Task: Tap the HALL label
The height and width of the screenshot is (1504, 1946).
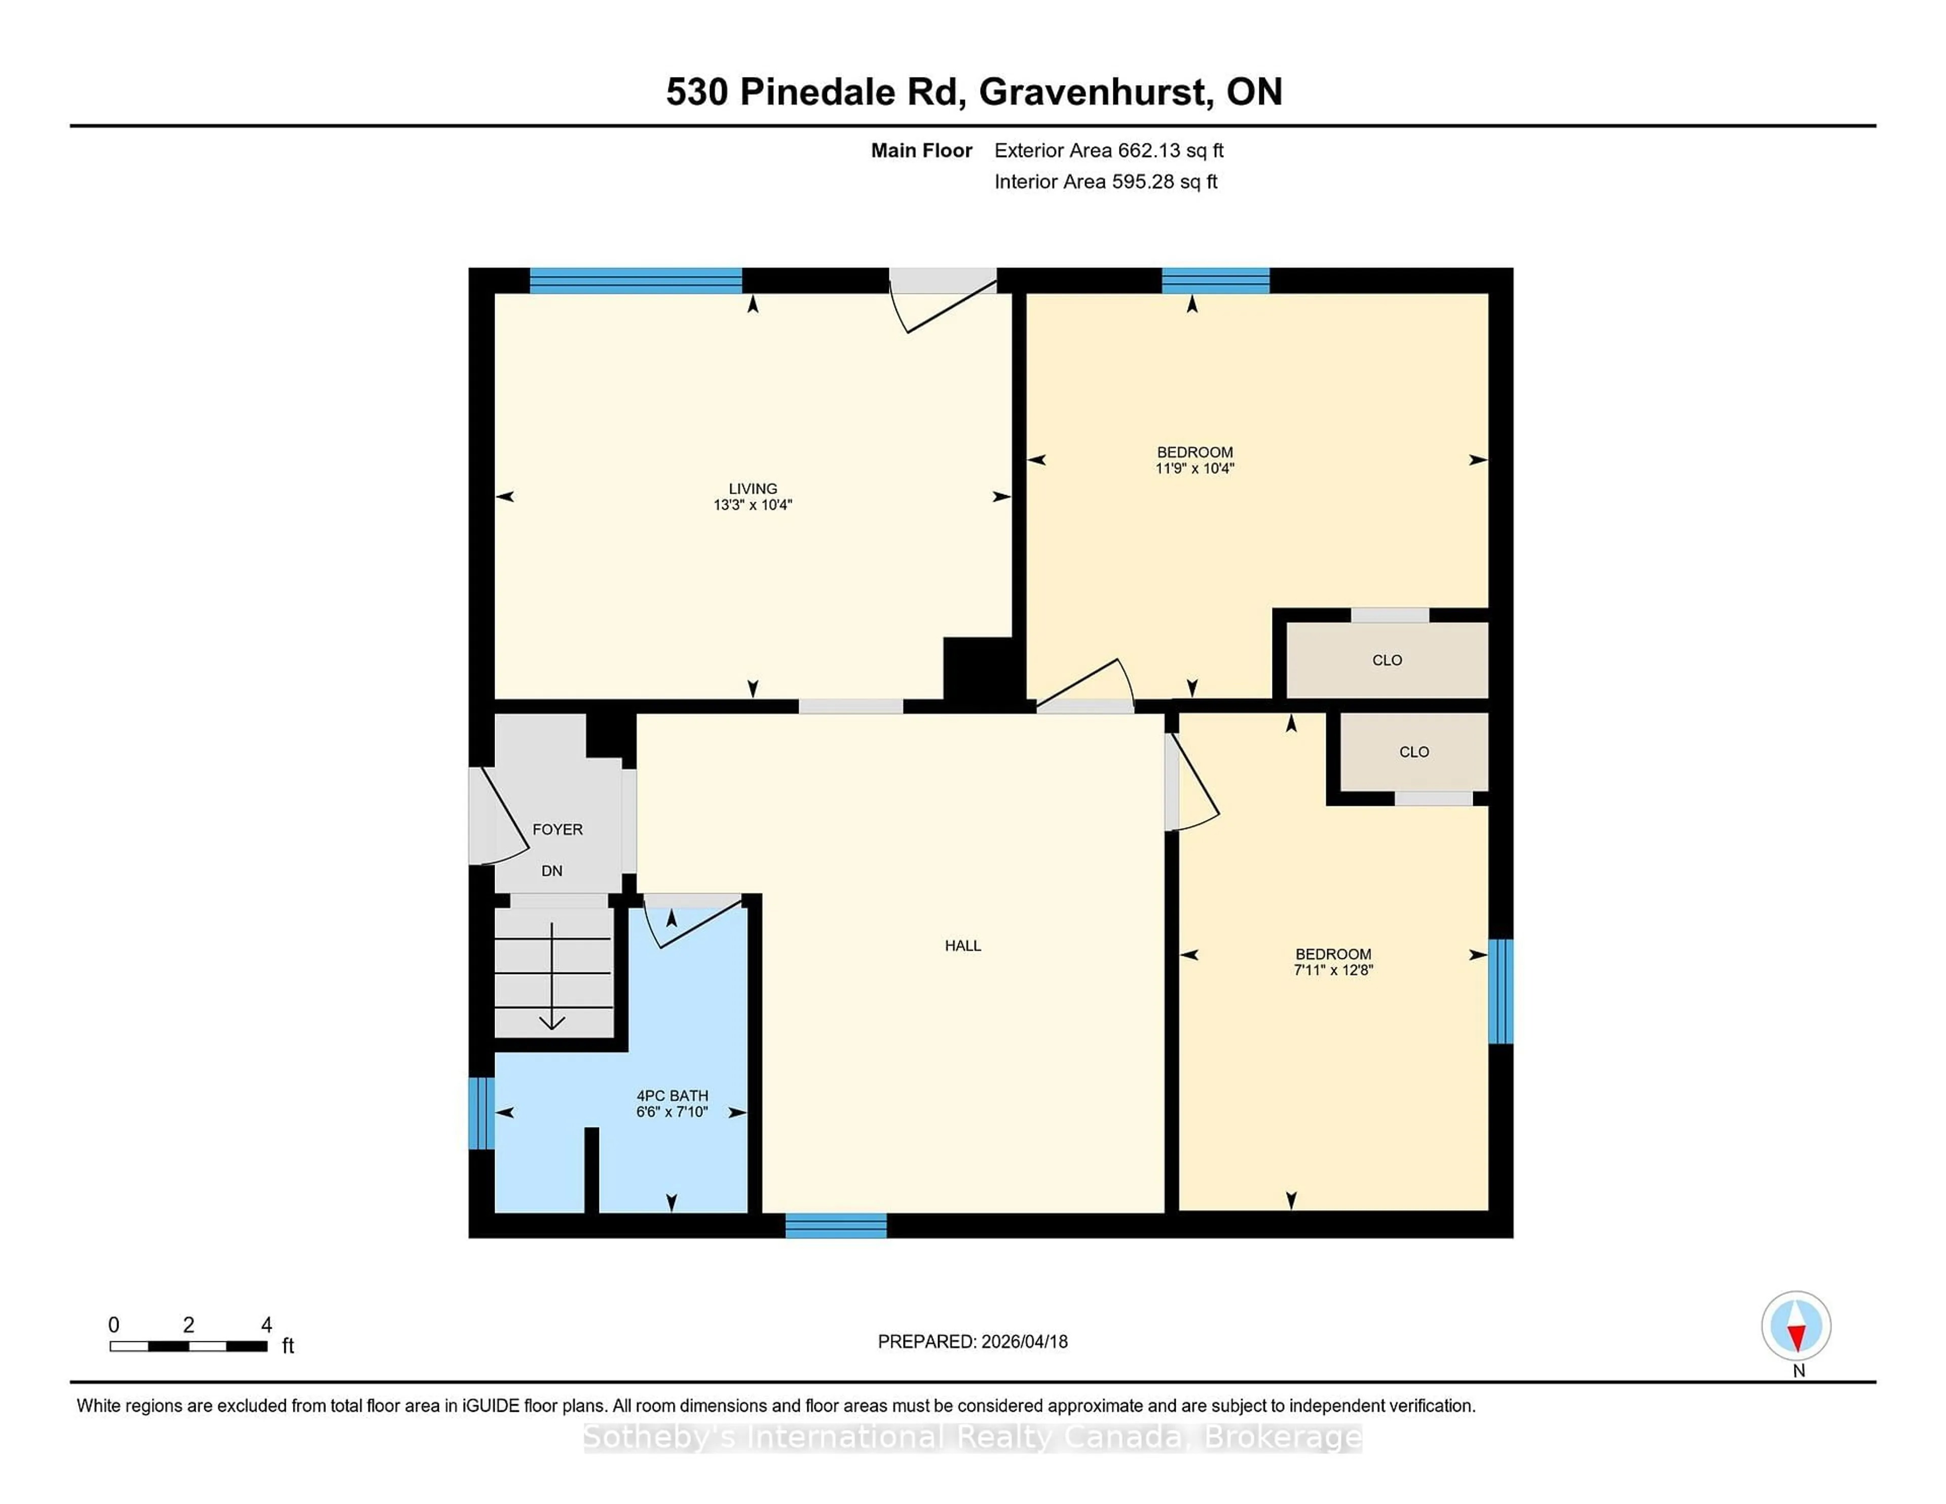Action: click(962, 946)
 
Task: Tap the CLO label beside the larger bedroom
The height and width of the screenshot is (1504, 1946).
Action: click(1387, 660)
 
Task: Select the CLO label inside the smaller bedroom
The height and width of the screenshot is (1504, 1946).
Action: click(1413, 752)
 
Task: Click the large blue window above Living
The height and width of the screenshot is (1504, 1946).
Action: click(635, 281)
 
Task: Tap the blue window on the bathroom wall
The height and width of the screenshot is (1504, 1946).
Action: click(481, 1114)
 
